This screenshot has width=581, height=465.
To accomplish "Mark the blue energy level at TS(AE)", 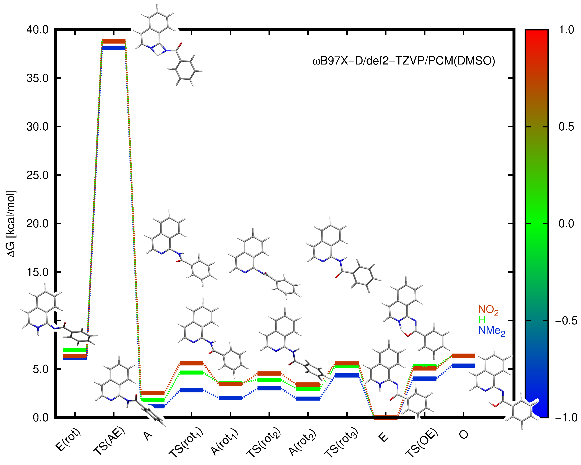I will point(114,48).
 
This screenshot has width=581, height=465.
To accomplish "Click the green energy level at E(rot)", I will point(75,350).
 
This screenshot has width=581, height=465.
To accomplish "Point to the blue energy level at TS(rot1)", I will point(191,390).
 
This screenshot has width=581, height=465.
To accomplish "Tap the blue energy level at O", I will point(463,366).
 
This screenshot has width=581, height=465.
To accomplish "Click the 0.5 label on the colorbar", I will point(566,127).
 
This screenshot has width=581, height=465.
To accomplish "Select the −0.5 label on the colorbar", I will point(566,321).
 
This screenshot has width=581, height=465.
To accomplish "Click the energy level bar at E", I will point(386,417).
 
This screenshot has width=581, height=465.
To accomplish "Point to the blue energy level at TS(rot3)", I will point(347,375).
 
